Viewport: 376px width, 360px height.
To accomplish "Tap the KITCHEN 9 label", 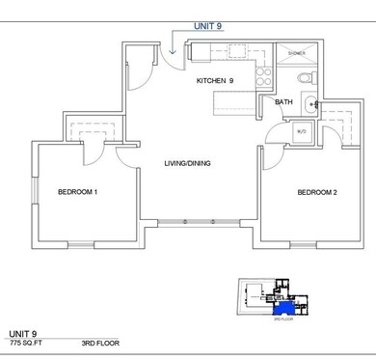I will coord(216,80).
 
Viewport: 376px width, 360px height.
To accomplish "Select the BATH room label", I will coord(283,100).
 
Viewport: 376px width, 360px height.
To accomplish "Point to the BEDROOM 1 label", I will coord(78,191).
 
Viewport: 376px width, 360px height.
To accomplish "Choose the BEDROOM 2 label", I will coord(316,191).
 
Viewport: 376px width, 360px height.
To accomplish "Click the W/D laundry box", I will coord(302,131).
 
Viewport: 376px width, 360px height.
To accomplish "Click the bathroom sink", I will coord(308,104).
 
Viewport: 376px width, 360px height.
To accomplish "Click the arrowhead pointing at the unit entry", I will coord(171,50).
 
